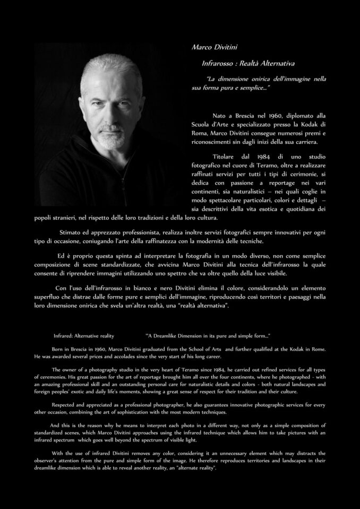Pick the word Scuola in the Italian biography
click(202, 124)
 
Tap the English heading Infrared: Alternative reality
click(84, 336)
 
